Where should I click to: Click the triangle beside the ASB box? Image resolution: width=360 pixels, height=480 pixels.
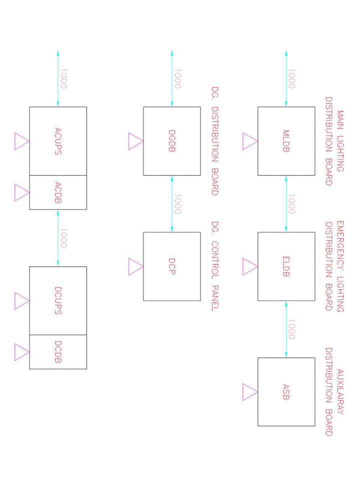click(x=250, y=392)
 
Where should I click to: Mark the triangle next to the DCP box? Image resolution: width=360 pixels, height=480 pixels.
click(x=135, y=266)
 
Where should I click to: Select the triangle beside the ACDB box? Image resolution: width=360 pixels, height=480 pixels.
click(x=21, y=192)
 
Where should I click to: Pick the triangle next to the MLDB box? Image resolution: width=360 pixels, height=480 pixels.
click(x=250, y=141)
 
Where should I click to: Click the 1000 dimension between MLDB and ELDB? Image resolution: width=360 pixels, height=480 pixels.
click(x=291, y=204)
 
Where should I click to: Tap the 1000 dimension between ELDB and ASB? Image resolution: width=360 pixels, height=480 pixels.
click(x=291, y=329)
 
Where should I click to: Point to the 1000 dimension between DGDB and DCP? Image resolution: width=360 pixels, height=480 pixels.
click(x=177, y=204)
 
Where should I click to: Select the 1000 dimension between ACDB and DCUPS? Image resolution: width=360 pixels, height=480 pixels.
click(x=63, y=238)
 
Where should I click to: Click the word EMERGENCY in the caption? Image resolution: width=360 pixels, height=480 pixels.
click(x=340, y=245)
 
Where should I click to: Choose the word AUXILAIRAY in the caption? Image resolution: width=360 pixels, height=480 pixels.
click(x=340, y=392)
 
